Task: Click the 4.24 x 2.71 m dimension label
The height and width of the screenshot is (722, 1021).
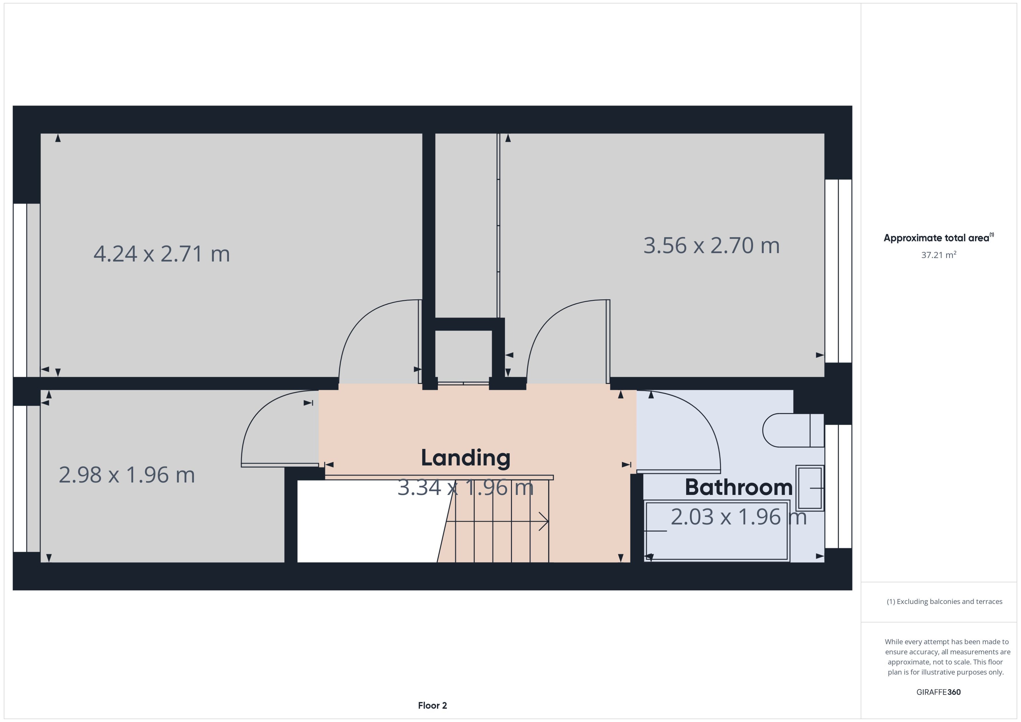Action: [x=162, y=254]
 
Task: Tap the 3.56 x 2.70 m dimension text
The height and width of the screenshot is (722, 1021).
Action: [x=711, y=246]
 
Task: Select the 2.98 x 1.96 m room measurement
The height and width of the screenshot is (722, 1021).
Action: [x=127, y=475]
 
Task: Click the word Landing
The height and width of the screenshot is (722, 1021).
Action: [x=465, y=458]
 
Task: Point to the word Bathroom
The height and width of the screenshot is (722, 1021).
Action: [x=739, y=487]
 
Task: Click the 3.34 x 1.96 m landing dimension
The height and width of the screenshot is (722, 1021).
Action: [x=465, y=488]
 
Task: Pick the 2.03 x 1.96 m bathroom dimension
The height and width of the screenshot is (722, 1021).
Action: [x=739, y=517]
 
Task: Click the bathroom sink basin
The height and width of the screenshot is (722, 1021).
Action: [x=809, y=488]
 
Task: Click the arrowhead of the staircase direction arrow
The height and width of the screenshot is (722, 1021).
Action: [x=545, y=521]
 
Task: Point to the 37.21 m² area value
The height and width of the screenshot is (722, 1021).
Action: [x=938, y=255]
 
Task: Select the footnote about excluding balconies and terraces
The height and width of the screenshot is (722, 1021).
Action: [x=944, y=602]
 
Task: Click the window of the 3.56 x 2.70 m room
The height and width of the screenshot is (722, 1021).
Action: [x=838, y=271]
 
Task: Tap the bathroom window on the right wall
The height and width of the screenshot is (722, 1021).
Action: [x=838, y=486]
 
